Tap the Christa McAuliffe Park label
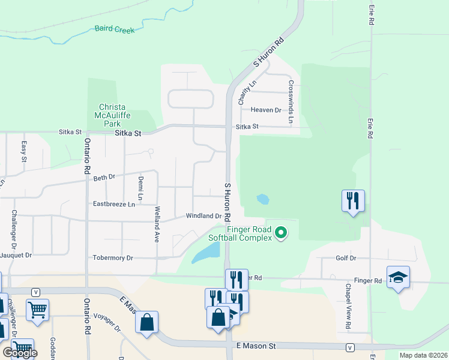tap(112, 115)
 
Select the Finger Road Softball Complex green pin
tap(280, 232)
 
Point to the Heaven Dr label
tap(266, 110)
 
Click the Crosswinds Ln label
tap(291, 103)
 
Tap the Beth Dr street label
tap(103, 177)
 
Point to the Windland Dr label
tap(203, 216)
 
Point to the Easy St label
tap(24, 151)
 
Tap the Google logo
tap(20, 353)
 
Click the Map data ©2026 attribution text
tap(423, 355)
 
